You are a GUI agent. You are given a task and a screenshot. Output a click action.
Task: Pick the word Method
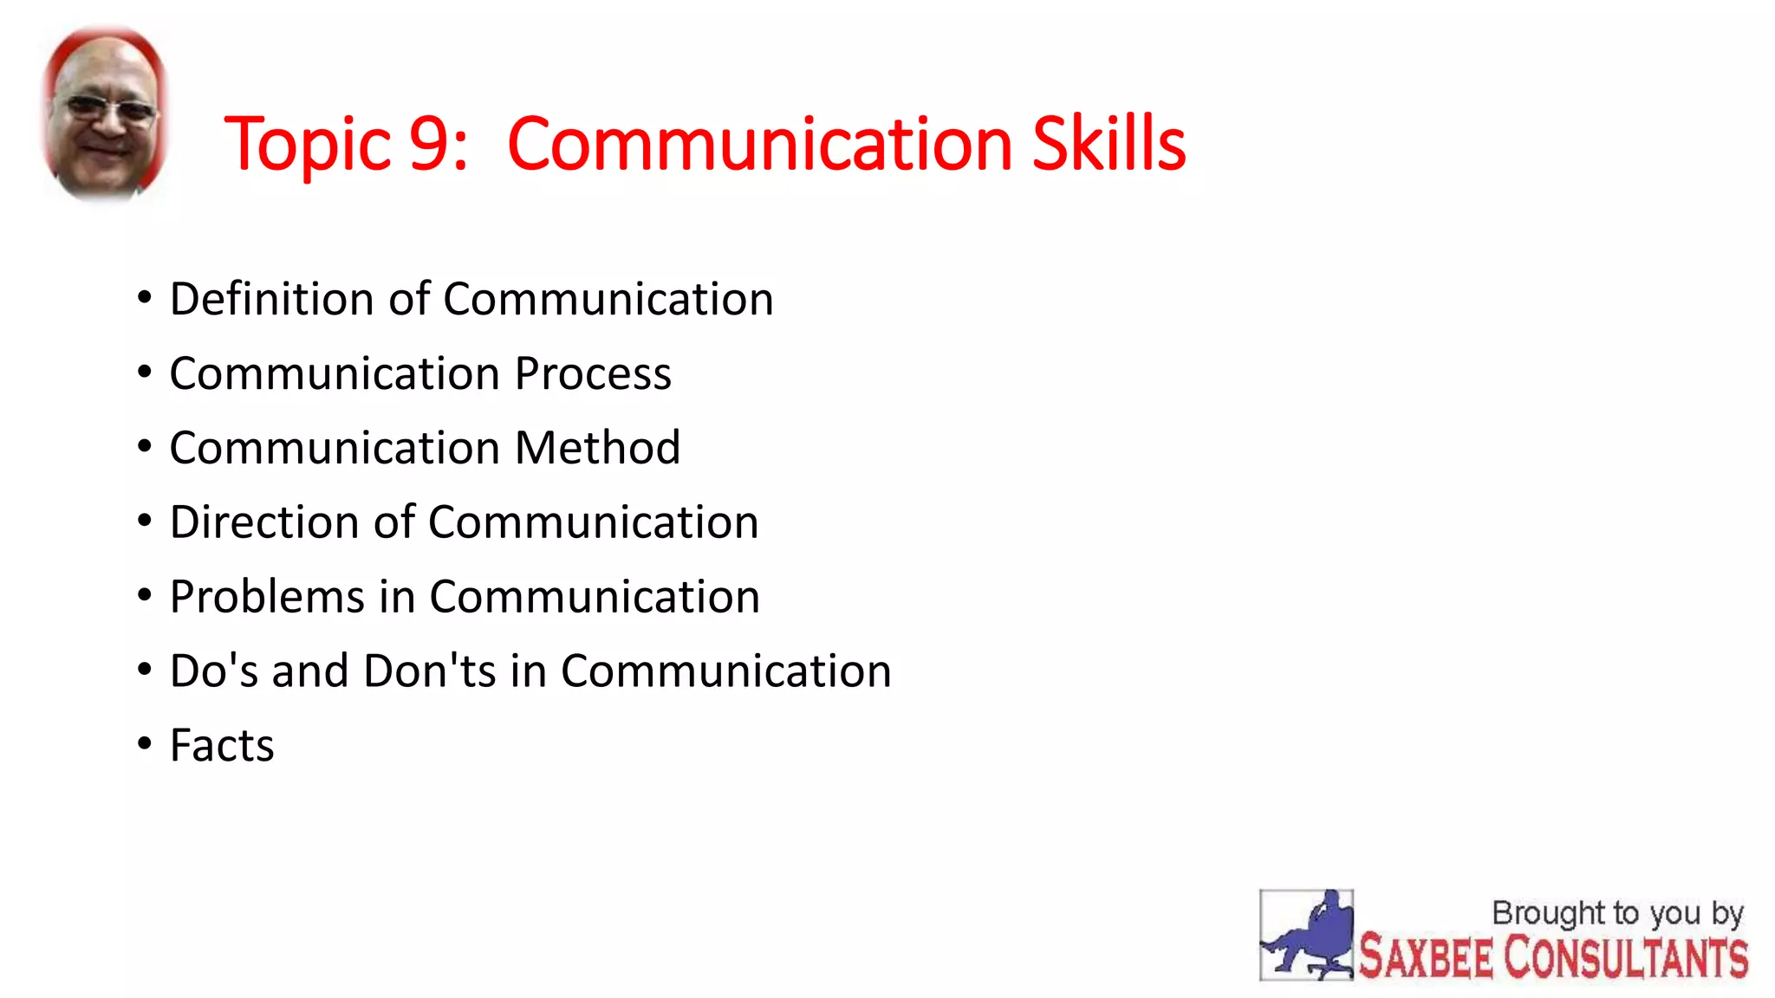597,448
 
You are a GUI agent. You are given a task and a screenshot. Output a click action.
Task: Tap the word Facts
222,746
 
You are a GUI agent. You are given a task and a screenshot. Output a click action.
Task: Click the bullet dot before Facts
145,743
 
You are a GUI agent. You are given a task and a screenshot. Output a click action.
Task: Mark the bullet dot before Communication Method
145,446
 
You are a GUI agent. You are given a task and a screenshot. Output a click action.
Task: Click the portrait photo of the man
104,113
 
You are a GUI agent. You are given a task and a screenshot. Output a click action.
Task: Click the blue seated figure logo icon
1306,936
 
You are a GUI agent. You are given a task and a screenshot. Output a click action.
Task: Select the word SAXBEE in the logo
1425,958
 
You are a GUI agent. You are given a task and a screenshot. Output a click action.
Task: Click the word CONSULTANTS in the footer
1625,958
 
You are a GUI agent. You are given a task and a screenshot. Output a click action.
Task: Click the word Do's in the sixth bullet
213,671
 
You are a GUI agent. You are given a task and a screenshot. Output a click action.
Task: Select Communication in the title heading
759,143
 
